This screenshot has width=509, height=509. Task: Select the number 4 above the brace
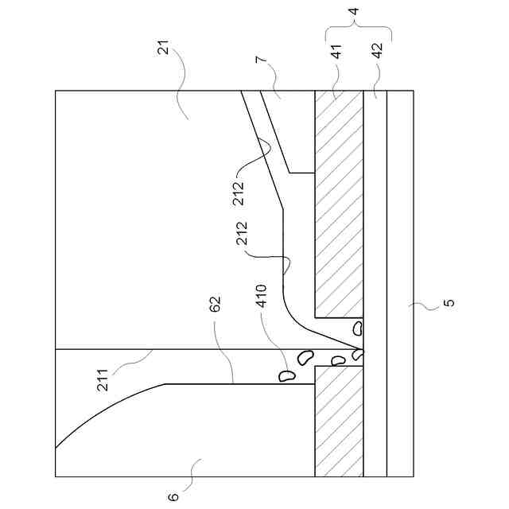(354, 13)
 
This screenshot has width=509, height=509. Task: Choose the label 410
(262, 305)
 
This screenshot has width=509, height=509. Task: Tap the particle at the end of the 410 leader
(285, 374)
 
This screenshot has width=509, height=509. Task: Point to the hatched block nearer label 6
(338, 422)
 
